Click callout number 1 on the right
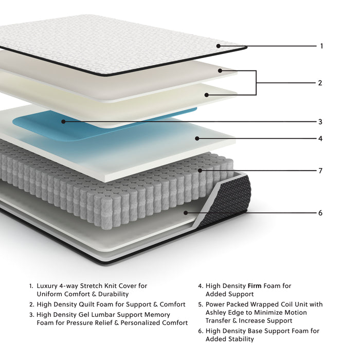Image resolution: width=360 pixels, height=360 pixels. click(x=321, y=46)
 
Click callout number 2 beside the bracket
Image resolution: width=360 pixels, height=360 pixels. click(x=320, y=83)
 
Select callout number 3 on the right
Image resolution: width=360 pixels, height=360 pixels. click(x=320, y=122)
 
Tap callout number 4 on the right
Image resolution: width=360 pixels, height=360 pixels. click(x=320, y=138)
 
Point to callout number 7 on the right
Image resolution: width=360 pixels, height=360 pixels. click(x=320, y=171)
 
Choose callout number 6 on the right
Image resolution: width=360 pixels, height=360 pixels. click(x=320, y=213)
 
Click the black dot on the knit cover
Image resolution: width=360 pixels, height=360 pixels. click(x=219, y=46)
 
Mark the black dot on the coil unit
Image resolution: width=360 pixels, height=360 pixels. click(x=201, y=170)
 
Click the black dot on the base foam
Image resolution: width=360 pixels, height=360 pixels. click(x=186, y=212)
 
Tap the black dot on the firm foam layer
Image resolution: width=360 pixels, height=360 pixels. click(x=197, y=138)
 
